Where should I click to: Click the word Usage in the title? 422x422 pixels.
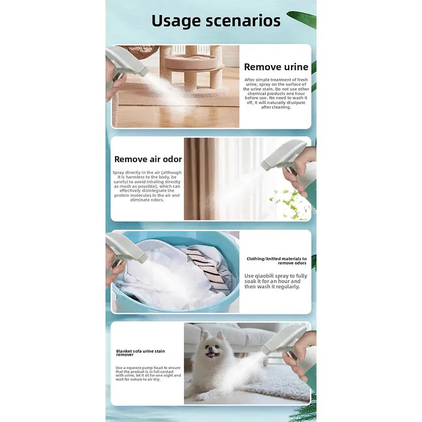pos(176,22)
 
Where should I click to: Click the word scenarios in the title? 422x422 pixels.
pos(243,21)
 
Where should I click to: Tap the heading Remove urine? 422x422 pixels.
pos(276,67)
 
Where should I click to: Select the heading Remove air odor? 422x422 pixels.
pos(148,159)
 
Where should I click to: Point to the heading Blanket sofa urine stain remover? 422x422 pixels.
pos(140,353)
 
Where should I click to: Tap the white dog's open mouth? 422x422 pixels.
pos(211,355)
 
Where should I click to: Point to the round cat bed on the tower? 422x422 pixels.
pos(191,62)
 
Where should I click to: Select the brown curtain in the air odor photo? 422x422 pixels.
pos(200,179)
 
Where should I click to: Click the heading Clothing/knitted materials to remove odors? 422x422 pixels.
pos(276,261)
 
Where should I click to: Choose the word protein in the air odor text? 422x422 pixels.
pos(121,196)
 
